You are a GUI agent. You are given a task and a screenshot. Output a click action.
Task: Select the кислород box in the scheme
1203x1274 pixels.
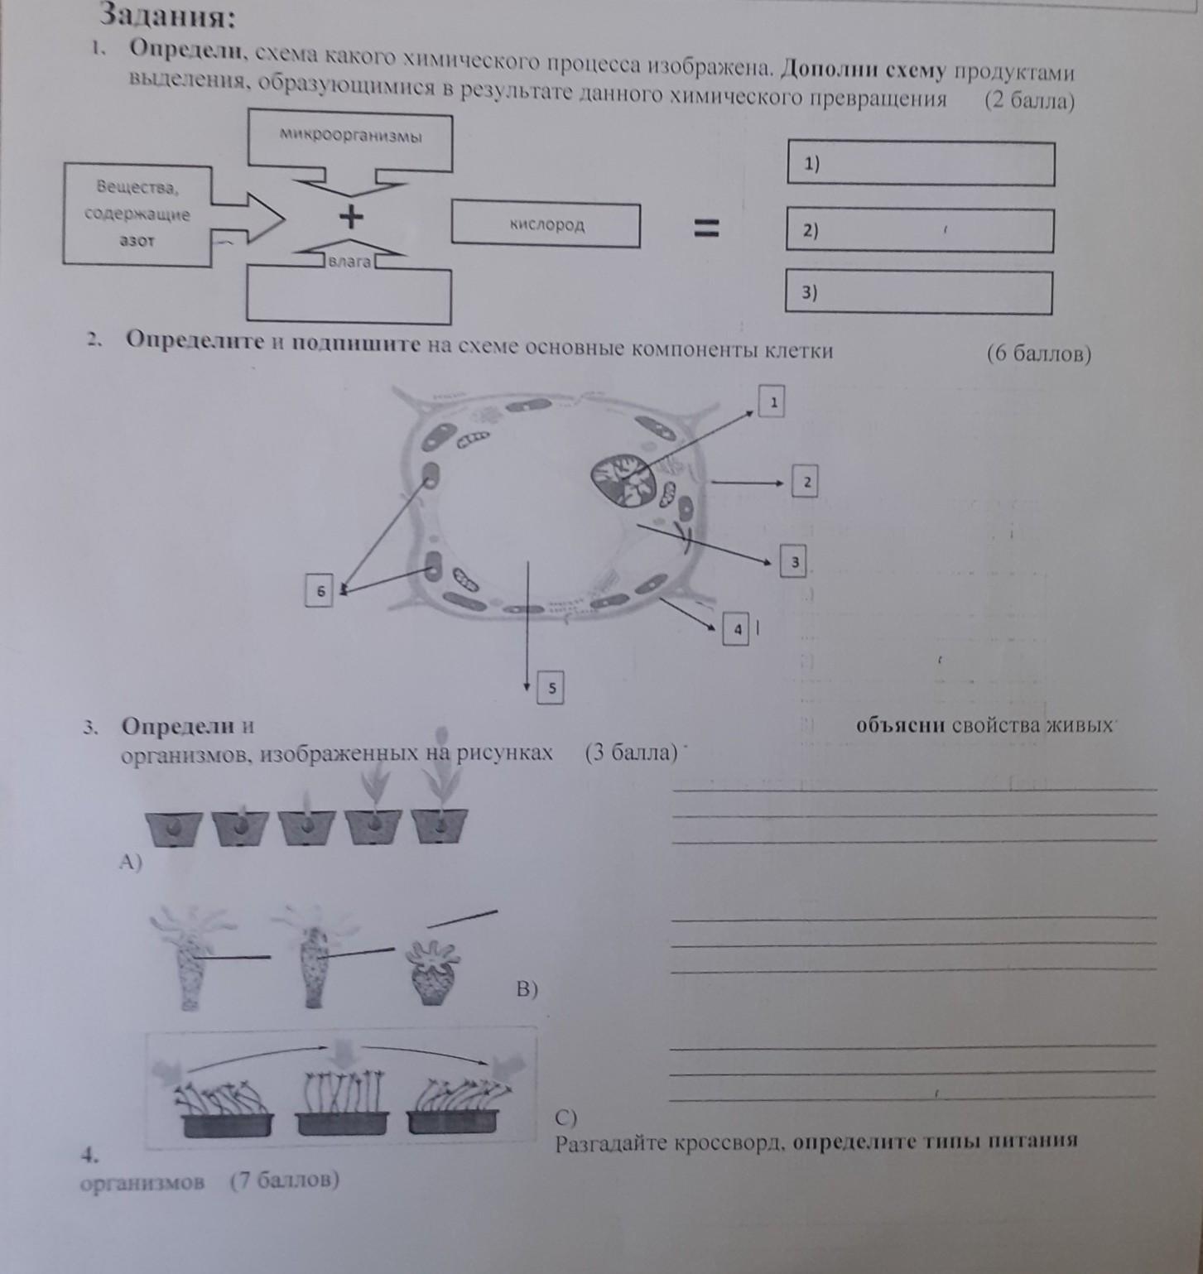tap(546, 224)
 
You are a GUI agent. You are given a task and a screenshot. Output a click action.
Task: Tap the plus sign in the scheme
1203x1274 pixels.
tap(351, 217)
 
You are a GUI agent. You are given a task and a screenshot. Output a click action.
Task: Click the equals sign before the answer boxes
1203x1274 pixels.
tap(706, 228)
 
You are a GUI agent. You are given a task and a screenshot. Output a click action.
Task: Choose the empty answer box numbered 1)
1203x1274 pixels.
tap(920, 164)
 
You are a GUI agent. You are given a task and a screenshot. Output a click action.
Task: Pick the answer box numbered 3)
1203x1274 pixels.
tap(918, 292)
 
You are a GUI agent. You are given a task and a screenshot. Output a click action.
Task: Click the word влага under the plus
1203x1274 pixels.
tap(350, 262)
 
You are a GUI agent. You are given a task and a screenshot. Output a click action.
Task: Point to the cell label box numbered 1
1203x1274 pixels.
tap(772, 402)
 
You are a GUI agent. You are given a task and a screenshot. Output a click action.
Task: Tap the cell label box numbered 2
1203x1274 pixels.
tap(805, 482)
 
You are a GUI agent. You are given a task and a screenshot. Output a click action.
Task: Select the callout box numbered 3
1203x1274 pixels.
tap(793, 563)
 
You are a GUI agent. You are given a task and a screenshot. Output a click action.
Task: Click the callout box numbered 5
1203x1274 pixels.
tap(551, 688)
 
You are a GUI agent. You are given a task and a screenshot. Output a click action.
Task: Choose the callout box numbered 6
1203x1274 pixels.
tap(320, 591)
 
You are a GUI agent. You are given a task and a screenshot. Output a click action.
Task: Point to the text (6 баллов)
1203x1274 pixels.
tap(1038, 353)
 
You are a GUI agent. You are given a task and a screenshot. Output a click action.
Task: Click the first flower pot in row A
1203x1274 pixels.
tap(174, 827)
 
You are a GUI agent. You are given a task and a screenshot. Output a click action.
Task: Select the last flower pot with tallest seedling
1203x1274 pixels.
tap(440, 824)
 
